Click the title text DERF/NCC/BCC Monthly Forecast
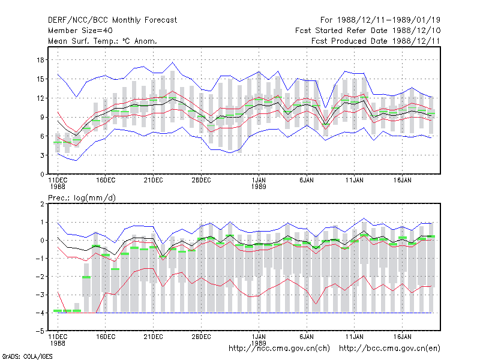click(112, 20)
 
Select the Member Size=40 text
click(80, 31)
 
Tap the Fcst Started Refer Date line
click(368, 31)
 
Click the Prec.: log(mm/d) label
click(82, 198)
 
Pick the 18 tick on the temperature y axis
click(40, 60)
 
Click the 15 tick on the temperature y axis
click(40, 79)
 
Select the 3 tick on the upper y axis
click(42, 155)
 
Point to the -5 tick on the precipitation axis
click(40, 331)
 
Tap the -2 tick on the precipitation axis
click(40, 277)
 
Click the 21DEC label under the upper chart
click(154, 181)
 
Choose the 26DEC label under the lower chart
click(201, 337)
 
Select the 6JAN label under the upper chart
click(307, 181)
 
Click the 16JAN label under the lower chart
click(402, 337)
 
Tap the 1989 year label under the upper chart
click(259, 187)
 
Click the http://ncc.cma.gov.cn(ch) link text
click(279, 349)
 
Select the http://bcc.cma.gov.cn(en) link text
click(389, 349)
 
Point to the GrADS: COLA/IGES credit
click(27, 356)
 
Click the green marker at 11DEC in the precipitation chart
click(58, 311)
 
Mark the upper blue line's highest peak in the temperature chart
click(172, 62)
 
